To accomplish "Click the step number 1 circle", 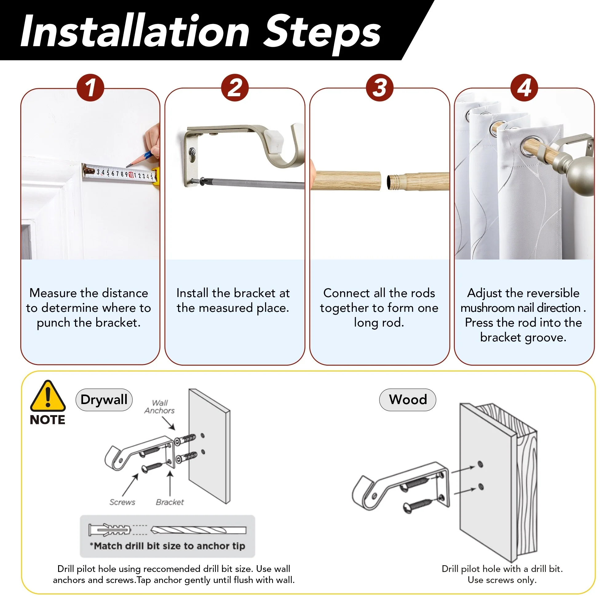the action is pos(90,88).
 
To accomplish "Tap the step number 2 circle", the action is pos(235,88).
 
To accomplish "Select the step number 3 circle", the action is pos(379,88).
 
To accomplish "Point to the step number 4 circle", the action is pos(524,88).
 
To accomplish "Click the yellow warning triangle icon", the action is pos(48,396).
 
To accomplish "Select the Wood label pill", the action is pos(407,399).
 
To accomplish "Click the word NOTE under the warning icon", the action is pos(47,420).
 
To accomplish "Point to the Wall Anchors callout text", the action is pos(160,407).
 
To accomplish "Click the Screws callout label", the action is pos(122,502).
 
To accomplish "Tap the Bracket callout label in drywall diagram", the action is pos(170,502).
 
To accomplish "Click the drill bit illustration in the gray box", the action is pos(198,530).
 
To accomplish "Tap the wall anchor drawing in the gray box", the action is pos(109,530).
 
